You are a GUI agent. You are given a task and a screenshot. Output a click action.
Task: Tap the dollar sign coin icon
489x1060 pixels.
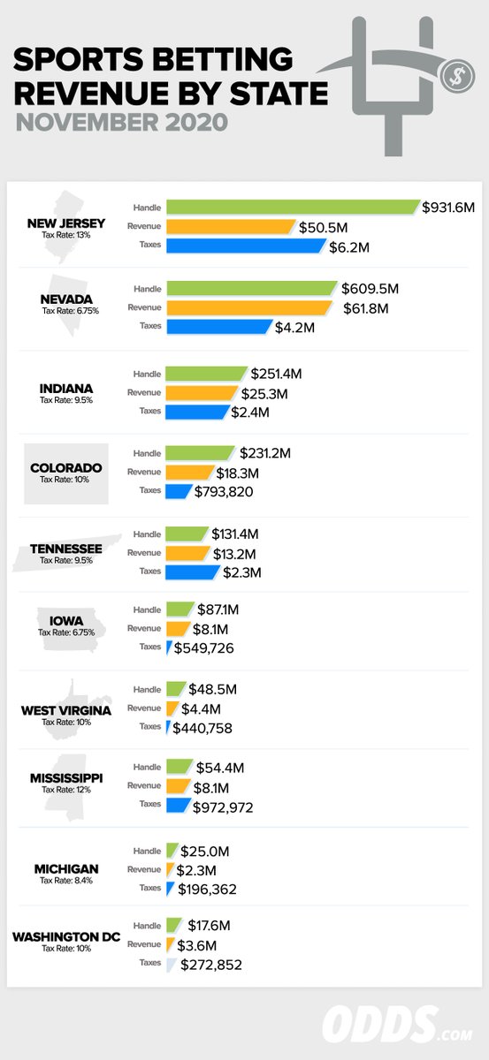coord(459,74)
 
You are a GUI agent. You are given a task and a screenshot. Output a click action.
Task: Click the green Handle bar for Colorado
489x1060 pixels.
coord(200,452)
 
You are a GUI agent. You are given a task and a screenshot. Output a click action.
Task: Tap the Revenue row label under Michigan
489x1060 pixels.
coord(144,869)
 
